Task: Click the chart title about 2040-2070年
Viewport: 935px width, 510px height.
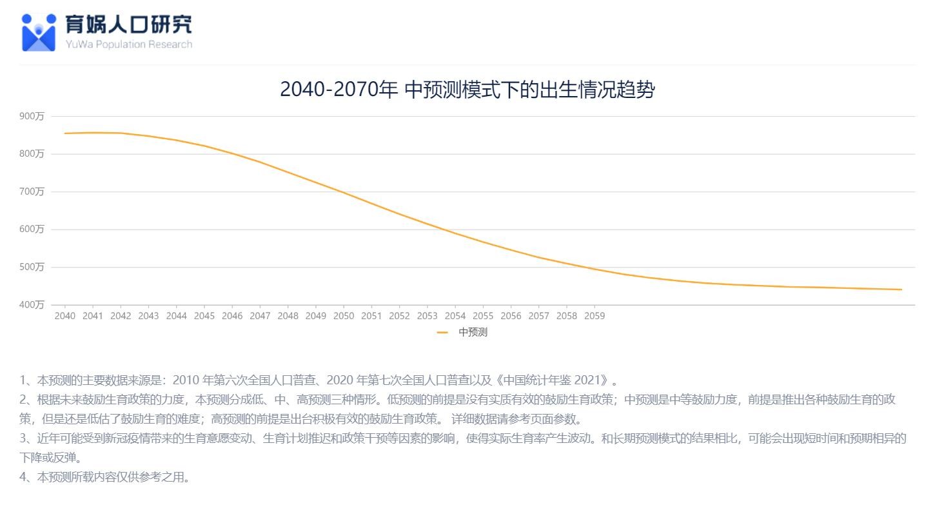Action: pyautogui.click(x=467, y=89)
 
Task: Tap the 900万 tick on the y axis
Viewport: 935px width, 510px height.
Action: pyautogui.click(x=32, y=117)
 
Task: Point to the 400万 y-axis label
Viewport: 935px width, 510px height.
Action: pyautogui.click(x=32, y=305)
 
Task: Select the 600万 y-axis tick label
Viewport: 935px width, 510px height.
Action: pyautogui.click(x=32, y=230)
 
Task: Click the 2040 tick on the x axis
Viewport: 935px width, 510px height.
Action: pyautogui.click(x=64, y=316)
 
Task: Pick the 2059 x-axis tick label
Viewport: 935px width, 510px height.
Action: pyautogui.click(x=594, y=316)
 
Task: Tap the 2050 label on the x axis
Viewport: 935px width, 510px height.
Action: pyautogui.click(x=343, y=316)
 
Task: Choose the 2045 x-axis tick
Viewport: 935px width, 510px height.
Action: pyautogui.click(x=204, y=316)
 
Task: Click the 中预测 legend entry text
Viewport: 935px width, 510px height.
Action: pyautogui.click(x=473, y=333)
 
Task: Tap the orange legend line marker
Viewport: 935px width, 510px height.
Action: pyautogui.click(x=442, y=333)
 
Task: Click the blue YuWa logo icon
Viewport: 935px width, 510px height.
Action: pyautogui.click(x=39, y=32)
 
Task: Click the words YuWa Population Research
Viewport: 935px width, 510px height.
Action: pyautogui.click(x=128, y=44)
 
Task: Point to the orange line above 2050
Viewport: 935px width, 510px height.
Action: pyautogui.click(x=343, y=192)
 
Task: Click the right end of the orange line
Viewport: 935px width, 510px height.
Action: pyautogui.click(x=901, y=289)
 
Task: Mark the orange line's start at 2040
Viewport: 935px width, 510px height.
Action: pyautogui.click(x=65, y=133)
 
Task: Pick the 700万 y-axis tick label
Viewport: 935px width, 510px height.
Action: pyautogui.click(x=32, y=192)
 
